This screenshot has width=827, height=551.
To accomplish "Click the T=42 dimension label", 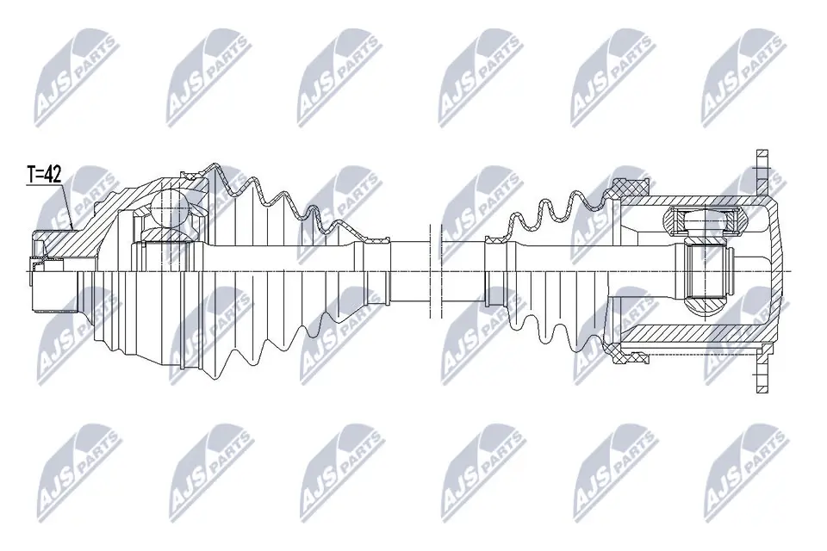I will pos(43,175).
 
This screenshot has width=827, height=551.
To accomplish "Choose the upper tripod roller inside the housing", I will pos(704,222).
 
